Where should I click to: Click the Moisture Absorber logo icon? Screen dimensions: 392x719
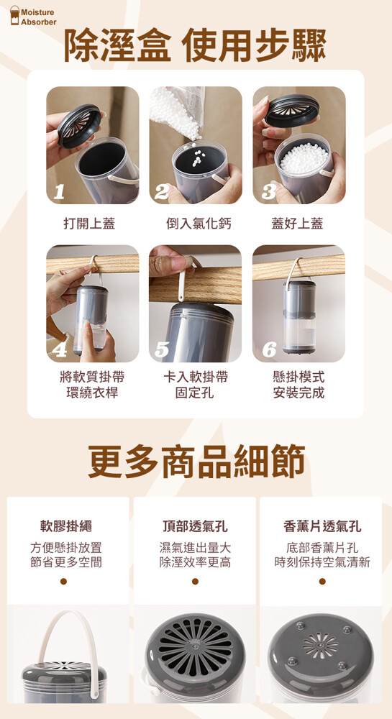14,16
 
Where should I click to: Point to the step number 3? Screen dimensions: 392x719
268,193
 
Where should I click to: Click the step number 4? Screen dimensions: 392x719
60,350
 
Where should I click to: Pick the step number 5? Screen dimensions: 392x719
161,350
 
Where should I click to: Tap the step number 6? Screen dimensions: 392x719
269,350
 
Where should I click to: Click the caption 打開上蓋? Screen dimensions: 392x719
89,224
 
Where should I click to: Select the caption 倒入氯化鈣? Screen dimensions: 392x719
199,224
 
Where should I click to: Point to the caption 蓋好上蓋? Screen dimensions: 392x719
297,224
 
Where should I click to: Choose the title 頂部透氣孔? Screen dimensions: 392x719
196,526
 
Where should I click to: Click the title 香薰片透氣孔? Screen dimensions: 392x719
322,526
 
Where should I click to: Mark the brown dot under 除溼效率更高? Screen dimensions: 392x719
195,581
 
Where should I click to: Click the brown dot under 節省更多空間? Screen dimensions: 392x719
63,581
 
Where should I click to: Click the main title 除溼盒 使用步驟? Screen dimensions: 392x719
196,46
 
